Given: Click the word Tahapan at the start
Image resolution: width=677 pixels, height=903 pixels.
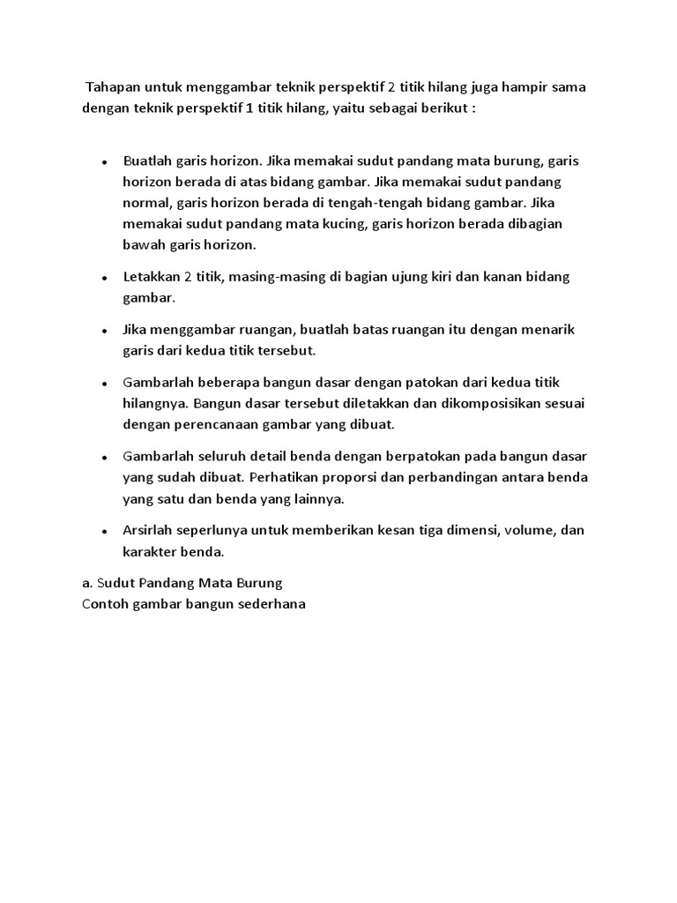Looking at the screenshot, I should (112, 89).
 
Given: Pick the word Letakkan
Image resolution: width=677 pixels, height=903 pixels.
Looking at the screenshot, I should (153, 277).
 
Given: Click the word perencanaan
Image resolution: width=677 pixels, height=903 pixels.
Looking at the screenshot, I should (233, 424).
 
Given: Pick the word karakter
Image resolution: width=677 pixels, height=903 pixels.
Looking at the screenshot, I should (149, 552).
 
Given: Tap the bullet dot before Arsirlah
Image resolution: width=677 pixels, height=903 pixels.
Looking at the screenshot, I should (105, 533).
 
